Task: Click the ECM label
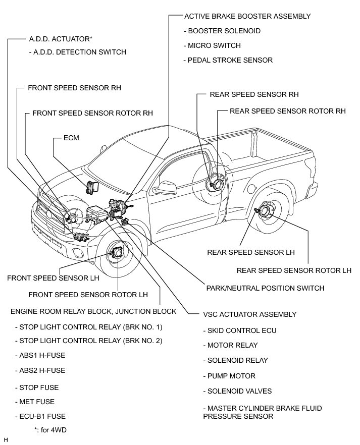pos(71,137)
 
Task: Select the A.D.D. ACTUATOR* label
pos(61,38)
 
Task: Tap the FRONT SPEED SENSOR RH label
pos(74,87)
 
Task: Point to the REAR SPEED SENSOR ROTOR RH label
pos(287,111)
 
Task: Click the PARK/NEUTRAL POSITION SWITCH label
pos(265,288)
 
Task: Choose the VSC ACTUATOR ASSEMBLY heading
pos(249,314)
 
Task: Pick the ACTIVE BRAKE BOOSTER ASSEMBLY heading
pos(247,16)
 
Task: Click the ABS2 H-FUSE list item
pos(40,370)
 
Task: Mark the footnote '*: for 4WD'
pos(50,430)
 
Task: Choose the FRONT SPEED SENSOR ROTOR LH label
pos(88,294)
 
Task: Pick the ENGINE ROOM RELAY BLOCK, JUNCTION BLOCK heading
pos(93,311)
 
